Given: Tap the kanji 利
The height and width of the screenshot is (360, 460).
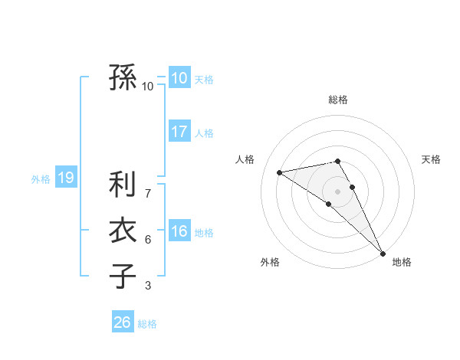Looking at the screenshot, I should pos(123,185).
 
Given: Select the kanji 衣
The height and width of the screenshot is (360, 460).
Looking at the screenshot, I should pos(123,231).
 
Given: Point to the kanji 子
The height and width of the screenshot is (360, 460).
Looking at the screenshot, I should pos(123,276).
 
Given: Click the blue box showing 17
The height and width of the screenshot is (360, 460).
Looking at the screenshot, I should pos(179,132).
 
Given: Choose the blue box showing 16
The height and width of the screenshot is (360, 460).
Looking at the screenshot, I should pos(179,231).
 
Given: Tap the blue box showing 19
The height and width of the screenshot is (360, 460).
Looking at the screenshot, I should pos(66,178).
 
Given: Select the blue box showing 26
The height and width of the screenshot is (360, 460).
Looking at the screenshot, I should pos(123,322).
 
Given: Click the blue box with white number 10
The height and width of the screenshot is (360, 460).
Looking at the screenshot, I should pos(179,78).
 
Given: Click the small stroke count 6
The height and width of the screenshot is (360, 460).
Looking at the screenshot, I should pos(148,240).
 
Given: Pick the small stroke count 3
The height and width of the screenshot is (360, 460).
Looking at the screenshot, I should pos(148,286).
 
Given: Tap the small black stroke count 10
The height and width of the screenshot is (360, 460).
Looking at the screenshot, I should pos(148,87).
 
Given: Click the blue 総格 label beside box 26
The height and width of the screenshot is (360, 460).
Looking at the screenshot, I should pos(147,324).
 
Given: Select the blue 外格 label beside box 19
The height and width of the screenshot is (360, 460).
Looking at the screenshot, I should pos(41,179).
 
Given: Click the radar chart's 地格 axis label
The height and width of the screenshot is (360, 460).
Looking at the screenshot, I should pos(402,262).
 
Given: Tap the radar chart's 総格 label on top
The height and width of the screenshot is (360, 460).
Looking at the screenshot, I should pos(338,100).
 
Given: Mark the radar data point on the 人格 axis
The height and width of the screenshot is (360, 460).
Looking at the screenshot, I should pos(279,172).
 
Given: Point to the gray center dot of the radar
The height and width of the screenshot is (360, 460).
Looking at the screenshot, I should pos(338,191).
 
